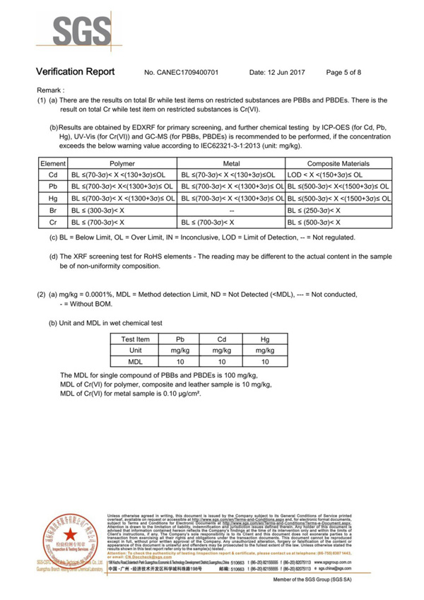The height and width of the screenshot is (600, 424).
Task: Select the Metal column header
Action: tap(232, 163)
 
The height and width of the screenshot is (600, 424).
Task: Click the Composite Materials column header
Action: tap(338, 163)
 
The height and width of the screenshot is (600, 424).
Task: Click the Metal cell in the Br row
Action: tap(232, 210)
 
